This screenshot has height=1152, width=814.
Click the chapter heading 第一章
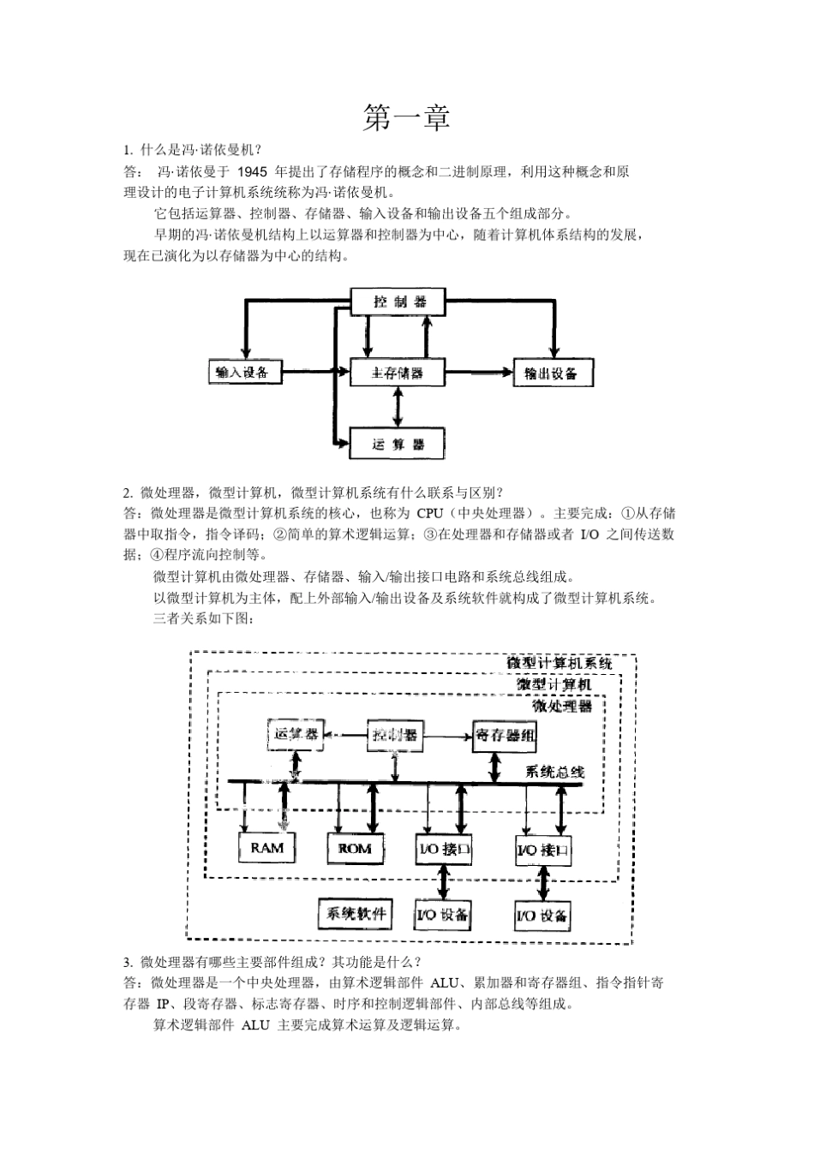[x=406, y=118]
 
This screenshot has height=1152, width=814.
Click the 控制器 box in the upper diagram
[x=399, y=301]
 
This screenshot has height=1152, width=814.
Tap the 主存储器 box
[x=398, y=373]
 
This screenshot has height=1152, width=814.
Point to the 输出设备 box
[x=553, y=373]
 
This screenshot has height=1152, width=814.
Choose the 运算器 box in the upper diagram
[x=398, y=444]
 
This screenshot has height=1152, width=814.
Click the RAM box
[x=266, y=848]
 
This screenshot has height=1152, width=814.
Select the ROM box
[x=355, y=848]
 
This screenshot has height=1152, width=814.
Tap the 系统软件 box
[x=354, y=913]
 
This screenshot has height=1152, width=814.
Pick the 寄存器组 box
[x=506, y=735]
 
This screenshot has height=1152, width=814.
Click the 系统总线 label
[x=554, y=771]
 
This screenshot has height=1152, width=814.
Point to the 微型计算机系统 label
[x=559, y=663]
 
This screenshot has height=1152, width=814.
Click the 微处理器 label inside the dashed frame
[x=561, y=706]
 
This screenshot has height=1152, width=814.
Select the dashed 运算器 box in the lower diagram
[x=296, y=735]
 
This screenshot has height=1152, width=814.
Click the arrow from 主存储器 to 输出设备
[x=479, y=373]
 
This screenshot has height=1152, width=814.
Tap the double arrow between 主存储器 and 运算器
[x=397, y=408]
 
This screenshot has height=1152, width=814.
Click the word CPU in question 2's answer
[x=429, y=513]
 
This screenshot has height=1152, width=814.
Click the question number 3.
[x=128, y=961]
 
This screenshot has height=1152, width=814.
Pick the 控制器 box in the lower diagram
[x=395, y=735]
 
